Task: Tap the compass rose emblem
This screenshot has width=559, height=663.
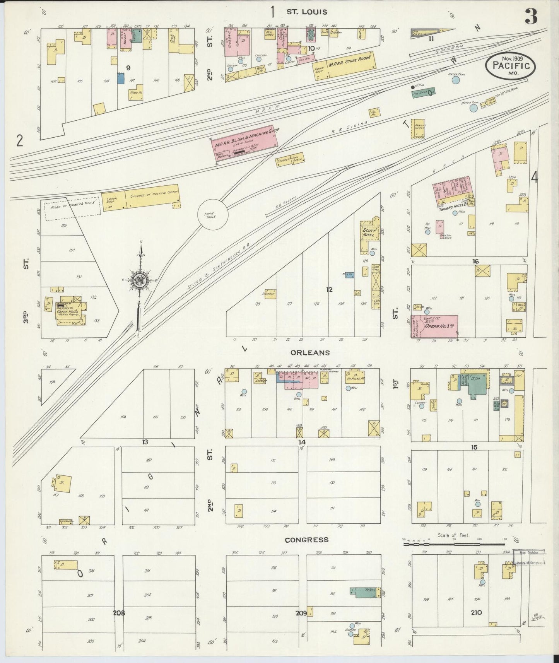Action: click(x=138, y=281)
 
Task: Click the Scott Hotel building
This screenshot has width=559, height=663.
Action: click(x=368, y=231)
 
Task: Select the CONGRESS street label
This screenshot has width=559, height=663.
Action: click(x=306, y=540)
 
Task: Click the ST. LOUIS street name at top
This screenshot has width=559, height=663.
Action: click(x=306, y=12)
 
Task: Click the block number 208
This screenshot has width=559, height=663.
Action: click(x=119, y=613)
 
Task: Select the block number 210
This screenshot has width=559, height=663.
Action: click(x=476, y=613)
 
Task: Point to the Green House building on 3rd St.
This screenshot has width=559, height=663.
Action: click(x=71, y=312)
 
